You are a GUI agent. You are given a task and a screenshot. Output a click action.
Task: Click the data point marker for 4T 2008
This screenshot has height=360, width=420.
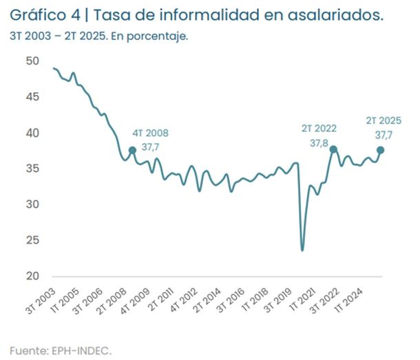pos(132,150)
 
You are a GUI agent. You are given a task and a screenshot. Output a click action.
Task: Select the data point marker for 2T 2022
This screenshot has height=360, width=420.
pos(333,149)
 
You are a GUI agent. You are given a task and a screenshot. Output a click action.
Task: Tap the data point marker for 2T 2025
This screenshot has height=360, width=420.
pos(381,150)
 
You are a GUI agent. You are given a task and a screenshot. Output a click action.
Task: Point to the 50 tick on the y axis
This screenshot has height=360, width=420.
pos(32,61)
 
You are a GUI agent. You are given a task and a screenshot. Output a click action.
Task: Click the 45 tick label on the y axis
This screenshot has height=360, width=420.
pos(32,96)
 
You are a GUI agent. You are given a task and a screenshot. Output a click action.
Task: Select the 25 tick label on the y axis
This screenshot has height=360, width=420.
pos(32,240)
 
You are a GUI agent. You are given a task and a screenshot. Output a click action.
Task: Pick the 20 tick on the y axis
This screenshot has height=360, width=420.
pos(32,276)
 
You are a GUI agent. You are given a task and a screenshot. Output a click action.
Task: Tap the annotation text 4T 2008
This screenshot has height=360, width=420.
pos(149,133)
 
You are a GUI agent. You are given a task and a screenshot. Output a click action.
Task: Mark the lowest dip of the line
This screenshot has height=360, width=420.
pos(302,250)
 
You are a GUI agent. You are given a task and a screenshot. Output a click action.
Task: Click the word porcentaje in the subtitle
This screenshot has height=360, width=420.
pos(162,36)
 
